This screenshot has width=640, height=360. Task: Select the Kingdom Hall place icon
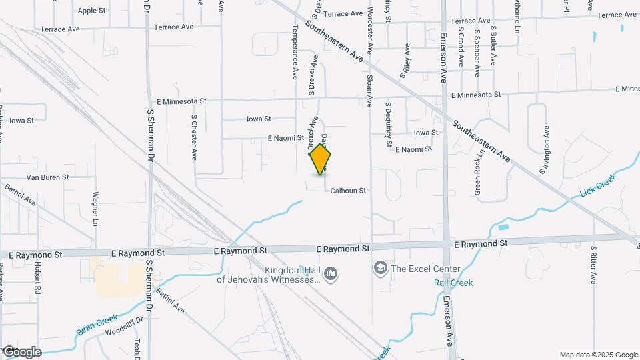(x=331, y=274)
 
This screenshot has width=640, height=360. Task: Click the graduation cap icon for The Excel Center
(x=381, y=269)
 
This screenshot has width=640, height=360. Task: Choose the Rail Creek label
(x=453, y=283)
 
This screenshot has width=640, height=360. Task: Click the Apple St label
(x=91, y=11)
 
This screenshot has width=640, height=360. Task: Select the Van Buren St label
(x=47, y=177)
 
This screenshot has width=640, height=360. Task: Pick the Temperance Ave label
(x=294, y=53)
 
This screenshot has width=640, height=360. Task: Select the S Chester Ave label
(x=194, y=137)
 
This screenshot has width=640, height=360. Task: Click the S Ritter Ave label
(x=593, y=265)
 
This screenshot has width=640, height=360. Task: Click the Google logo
(x=21, y=352)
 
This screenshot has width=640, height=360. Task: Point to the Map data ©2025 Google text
(x=598, y=355)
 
